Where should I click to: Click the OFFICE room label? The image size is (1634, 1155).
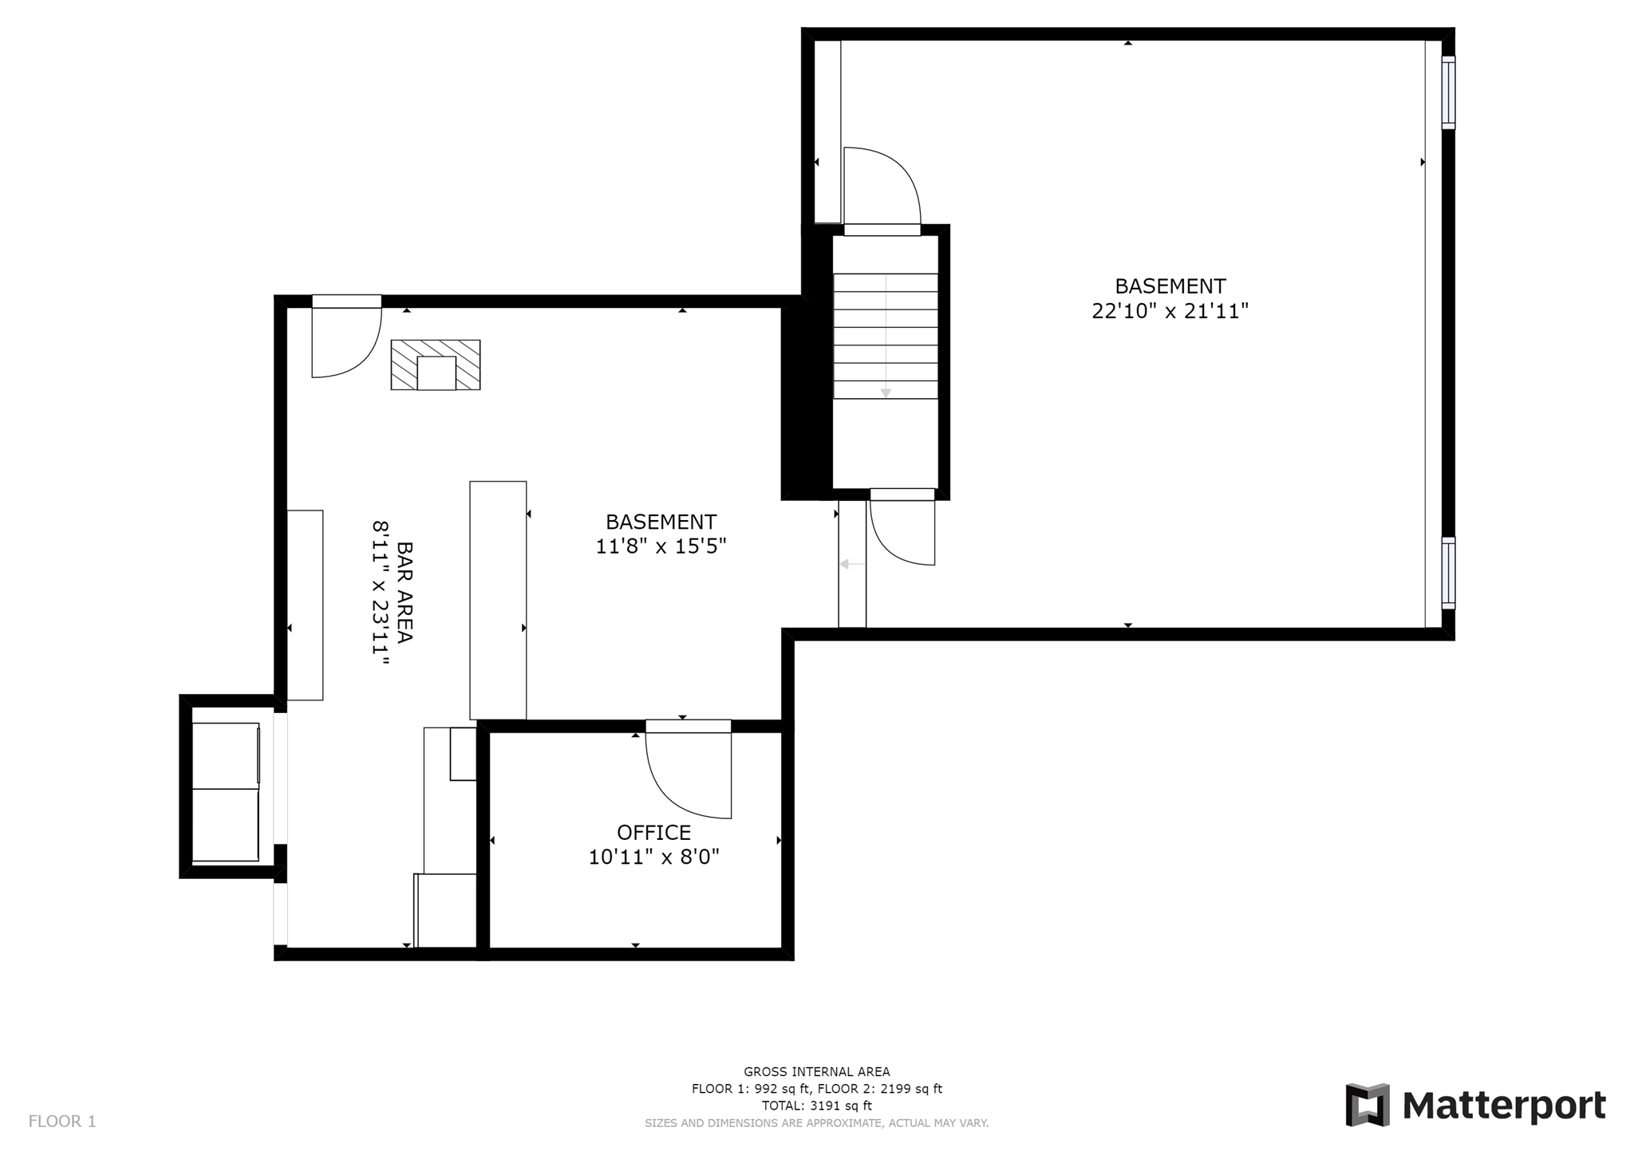tap(653, 833)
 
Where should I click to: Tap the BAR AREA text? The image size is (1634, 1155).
tap(405, 593)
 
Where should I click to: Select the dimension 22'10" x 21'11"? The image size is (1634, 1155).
tap(1170, 311)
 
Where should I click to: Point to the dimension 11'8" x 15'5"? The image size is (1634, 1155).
tap(661, 546)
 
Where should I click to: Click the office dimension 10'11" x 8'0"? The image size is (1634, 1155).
tap(654, 857)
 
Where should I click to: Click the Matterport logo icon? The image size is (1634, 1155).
tap(1368, 1105)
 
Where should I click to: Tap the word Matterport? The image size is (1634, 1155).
tap(1504, 1106)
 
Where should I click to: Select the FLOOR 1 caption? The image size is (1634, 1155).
tap(62, 1121)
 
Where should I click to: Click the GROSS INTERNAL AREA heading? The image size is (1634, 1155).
tap(817, 1072)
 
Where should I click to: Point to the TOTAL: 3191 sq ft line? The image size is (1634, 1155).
tap(817, 1106)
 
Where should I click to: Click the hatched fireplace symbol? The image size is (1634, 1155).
tap(436, 365)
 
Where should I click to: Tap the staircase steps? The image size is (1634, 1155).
tap(886, 336)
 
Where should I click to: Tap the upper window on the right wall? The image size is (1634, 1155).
tap(1448, 93)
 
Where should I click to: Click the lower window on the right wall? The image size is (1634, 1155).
tap(1448, 574)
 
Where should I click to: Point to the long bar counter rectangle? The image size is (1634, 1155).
tap(498, 600)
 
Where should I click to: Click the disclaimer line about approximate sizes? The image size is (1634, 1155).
tap(817, 1123)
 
